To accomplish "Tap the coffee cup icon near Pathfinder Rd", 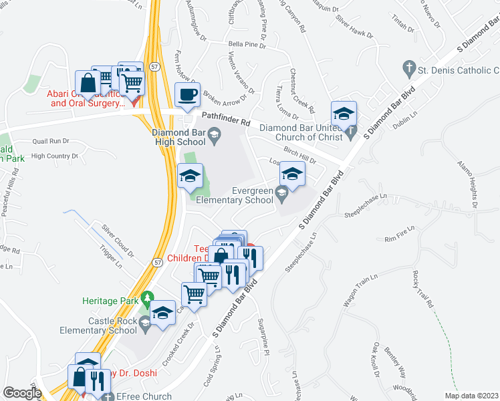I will point(187,94).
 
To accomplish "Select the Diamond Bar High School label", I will point(178,136).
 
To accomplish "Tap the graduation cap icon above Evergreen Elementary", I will point(291,174).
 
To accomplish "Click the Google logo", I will point(22,393).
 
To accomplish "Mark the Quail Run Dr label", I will point(51,141).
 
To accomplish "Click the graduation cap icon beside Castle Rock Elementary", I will point(162,314).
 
